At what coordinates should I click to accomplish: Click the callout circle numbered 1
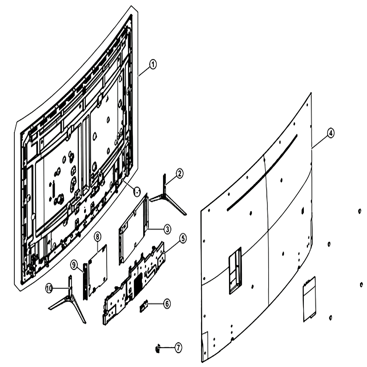coord(153,64)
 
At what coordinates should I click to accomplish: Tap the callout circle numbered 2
coord(179,174)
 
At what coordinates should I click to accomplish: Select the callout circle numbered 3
coord(167,229)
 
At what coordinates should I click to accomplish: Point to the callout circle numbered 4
coord(330,134)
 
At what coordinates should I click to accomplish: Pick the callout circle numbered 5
coord(183,239)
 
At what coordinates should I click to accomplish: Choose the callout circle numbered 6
coord(167,304)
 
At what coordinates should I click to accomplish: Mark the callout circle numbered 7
coord(178,348)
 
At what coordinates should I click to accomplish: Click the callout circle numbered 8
coord(97,236)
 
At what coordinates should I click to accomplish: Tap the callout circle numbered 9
coord(74,265)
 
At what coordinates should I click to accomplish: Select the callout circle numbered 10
coord(49,288)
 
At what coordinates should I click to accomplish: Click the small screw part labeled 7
coord(157,348)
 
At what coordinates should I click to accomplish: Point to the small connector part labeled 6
coord(144,306)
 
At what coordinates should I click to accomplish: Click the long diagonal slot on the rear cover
coord(262,172)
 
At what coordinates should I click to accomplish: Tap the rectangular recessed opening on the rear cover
coord(235,270)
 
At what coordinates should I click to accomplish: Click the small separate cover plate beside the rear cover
coord(309,299)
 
